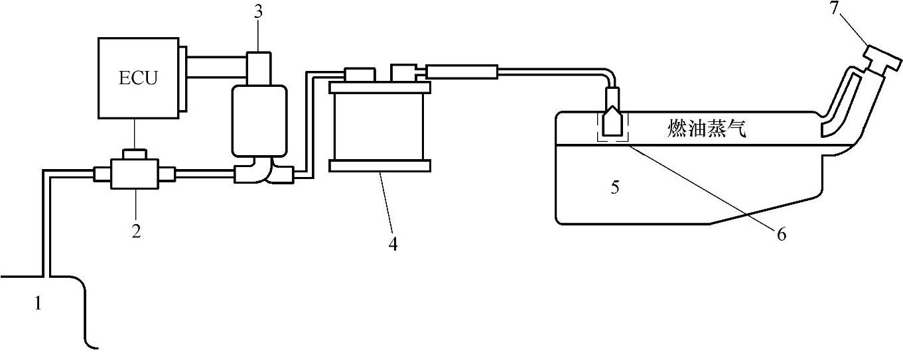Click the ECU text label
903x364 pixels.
pyautogui.click(x=139, y=78)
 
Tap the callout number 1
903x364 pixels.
pyautogui.click(x=38, y=304)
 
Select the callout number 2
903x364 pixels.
pyautogui.click(x=135, y=231)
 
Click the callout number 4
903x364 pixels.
pyautogui.click(x=393, y=244)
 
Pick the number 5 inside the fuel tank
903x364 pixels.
pyautogui.click(x=615, y=188)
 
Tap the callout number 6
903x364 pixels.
pyautogui.click(x=781, y=234)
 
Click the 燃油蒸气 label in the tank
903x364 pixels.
pyautogui.click(x=707, y=129)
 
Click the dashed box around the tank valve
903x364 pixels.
pyautogui.click(x=613, y=126)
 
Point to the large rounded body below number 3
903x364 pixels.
pyautogui.click(x=259, y=120)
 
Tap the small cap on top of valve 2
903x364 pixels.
pyautogui.click(x=135, y=154)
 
